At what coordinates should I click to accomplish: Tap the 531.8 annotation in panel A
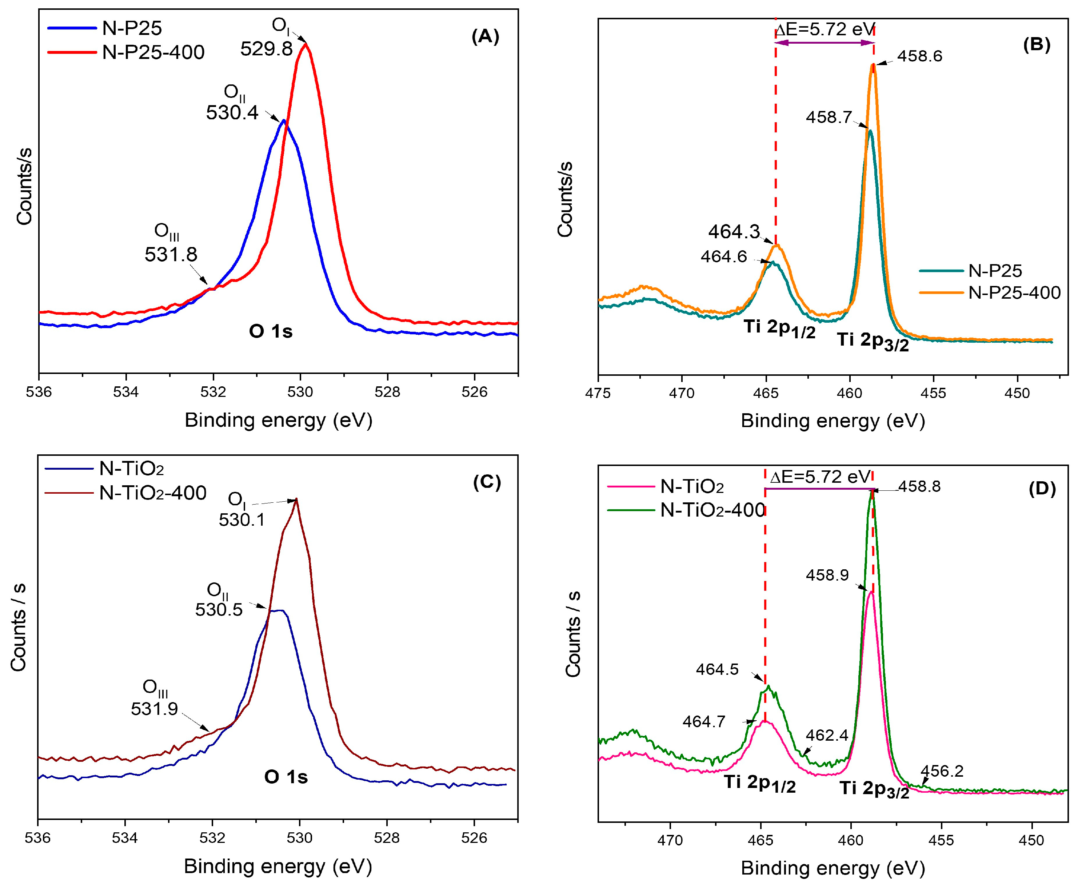point(171,255)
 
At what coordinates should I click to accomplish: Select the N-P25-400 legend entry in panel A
point(153,52)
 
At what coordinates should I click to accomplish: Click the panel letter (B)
point(1037,45)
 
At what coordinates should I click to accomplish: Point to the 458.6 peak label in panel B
point(919,56)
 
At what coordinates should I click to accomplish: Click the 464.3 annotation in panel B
point(734,232)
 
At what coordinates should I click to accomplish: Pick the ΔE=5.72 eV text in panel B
point(825,29)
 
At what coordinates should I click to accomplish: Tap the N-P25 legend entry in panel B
point(994,271)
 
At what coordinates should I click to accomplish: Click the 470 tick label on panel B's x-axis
point(682,393)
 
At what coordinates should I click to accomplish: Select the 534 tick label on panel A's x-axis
point(126,392)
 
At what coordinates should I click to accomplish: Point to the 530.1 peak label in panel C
point(242,520)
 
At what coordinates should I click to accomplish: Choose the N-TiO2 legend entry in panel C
point(131,468)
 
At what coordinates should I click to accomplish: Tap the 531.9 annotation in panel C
point(154,709)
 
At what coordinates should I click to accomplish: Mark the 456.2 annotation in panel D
point(942,771)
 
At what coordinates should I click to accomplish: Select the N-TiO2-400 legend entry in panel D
point(712,510)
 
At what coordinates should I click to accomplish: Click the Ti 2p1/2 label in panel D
point(760,783)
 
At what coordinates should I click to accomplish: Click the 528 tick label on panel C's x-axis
point(387,838)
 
